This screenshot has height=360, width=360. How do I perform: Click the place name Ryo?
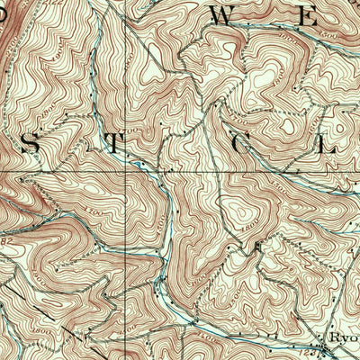tap(343, 338)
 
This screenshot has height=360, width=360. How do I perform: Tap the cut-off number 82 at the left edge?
tap(4, 241)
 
